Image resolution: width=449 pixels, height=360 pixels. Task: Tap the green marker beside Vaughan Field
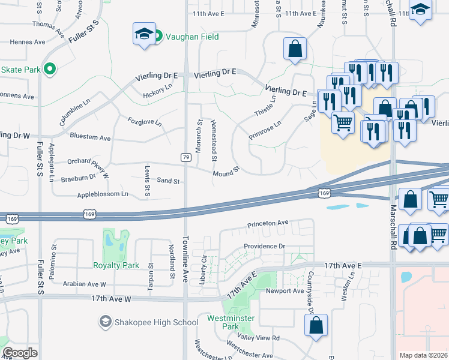click(x=158, y=37)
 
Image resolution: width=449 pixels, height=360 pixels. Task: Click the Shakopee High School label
click(x=156, y=322)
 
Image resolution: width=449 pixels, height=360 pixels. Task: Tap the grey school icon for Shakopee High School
click(x=106, y=322)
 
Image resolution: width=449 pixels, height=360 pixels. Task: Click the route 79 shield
click(x=186, y=157)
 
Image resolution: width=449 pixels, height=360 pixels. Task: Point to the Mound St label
click(x=226, y=172)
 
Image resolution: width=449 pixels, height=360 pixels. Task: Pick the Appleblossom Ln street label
click(x=103, y=194)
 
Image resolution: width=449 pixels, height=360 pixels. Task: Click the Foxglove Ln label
click(x=145, y=122)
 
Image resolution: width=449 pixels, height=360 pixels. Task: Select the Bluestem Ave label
click(x=90, y=137)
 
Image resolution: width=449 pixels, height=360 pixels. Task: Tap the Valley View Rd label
click(x=259, y=338)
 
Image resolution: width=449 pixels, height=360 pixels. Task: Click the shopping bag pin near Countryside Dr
click(x=316, y=325)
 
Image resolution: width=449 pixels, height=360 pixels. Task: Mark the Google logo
click(x=20, y=353)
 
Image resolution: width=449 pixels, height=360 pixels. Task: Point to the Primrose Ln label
click(x=265, y=131)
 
